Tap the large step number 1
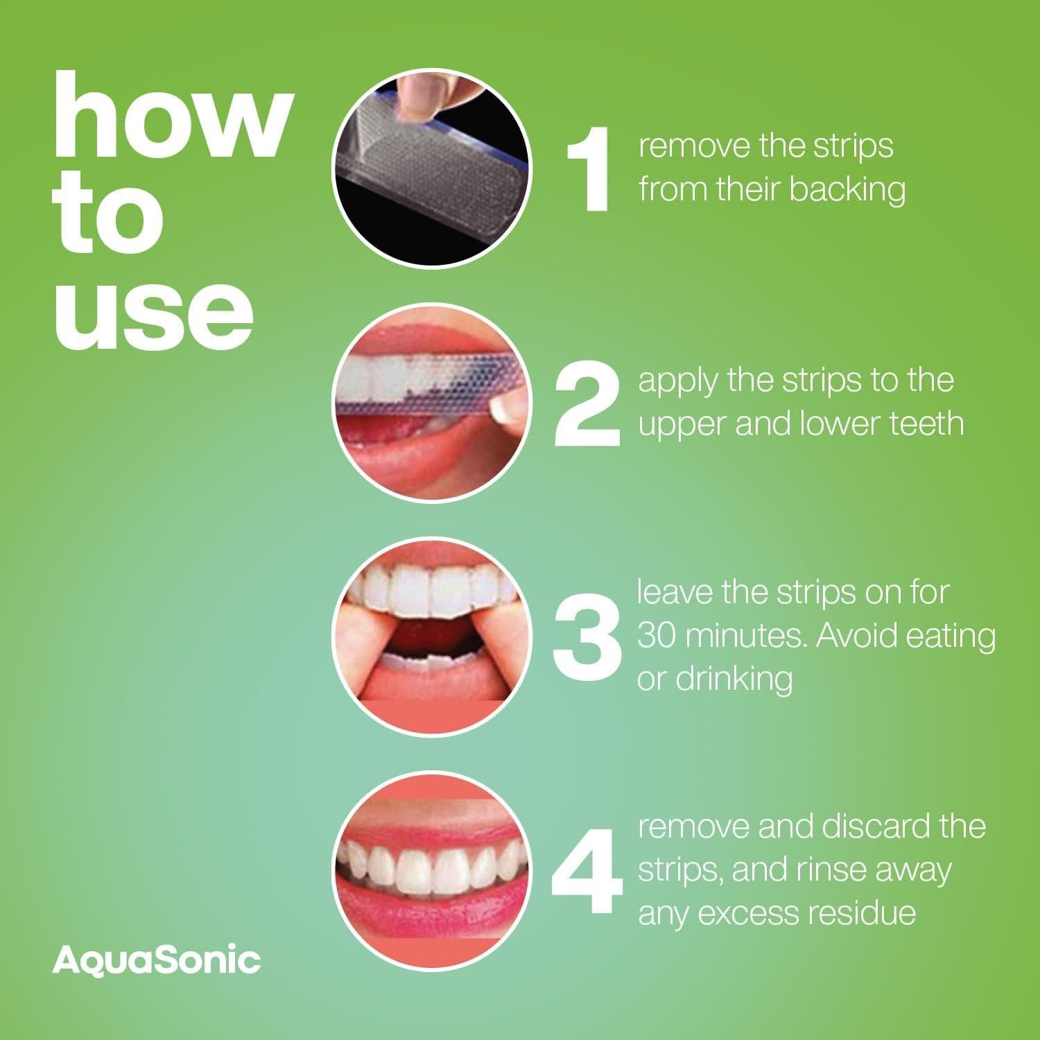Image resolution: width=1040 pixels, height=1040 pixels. coord(589,169)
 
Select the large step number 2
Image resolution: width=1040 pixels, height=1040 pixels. coord(588,405)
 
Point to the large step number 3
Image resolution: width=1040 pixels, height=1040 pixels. coord(589,637)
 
